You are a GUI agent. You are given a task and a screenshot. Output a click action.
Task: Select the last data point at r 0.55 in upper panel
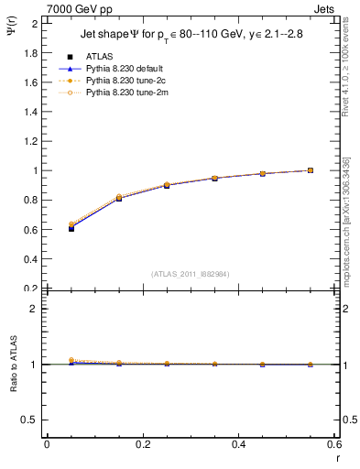[311, 170]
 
